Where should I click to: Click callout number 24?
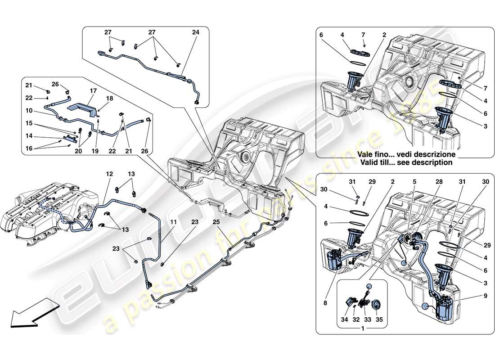coord(195,32)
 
